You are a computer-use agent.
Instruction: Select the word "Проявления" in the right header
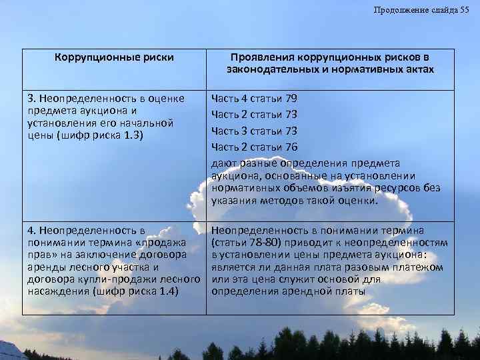click(260, 57)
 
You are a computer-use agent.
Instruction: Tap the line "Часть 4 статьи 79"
click(254, 99)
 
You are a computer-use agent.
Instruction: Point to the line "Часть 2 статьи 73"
click(254, 114)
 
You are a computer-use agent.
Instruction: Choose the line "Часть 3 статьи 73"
click(254, 130)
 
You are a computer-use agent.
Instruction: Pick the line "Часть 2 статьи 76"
click(254, 146)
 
